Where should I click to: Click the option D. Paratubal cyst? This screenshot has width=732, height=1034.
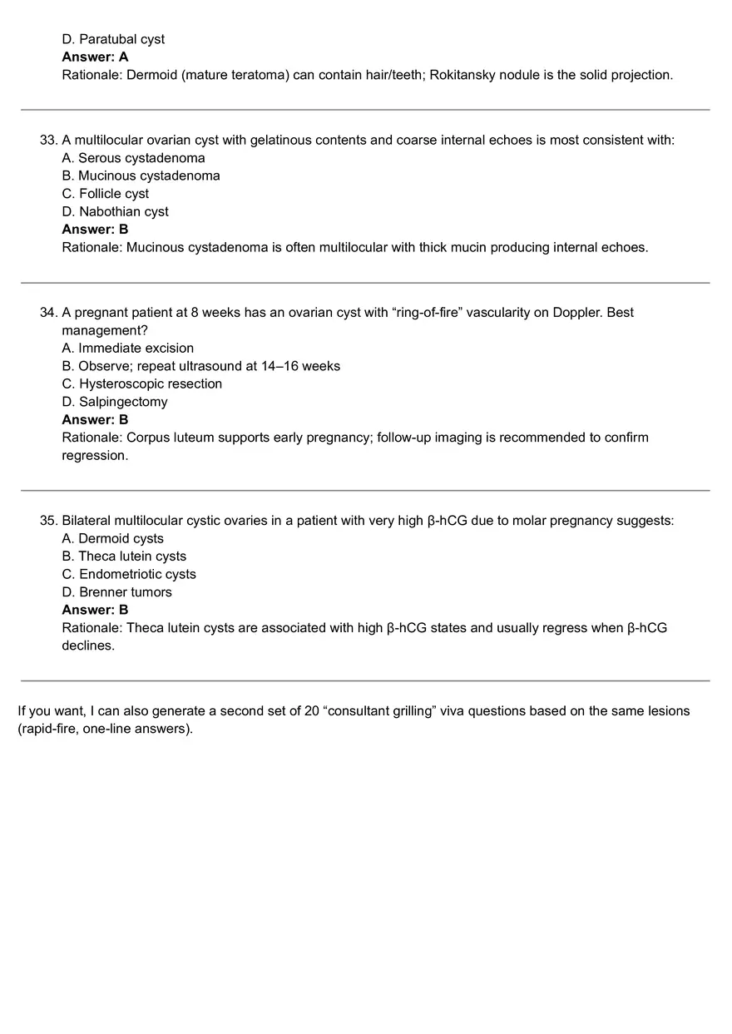tap(113, 39)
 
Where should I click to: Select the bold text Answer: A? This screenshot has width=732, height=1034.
tap(95, 57)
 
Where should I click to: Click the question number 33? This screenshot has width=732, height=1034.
tap(48, 140)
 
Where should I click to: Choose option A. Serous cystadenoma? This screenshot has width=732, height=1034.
tap(133, 158)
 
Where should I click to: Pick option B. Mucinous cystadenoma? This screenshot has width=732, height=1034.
tap(141, 176)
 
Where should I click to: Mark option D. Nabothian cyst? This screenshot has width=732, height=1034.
tap(115, 211)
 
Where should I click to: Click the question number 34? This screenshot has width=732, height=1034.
tap(48, 313)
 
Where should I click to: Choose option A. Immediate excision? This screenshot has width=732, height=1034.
tap(127, 348)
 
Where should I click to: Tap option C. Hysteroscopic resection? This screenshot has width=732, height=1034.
tap(141, 383)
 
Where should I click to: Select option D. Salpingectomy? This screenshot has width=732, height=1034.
tap(115, 402)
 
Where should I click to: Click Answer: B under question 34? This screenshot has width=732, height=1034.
tap(95, 420)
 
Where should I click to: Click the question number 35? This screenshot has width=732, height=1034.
tap(48, 521)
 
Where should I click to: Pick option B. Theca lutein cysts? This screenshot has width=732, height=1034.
tap(124, 557)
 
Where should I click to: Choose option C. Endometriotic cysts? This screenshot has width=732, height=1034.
tap(129, 574)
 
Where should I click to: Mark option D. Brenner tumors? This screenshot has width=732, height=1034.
tap(116, 592)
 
